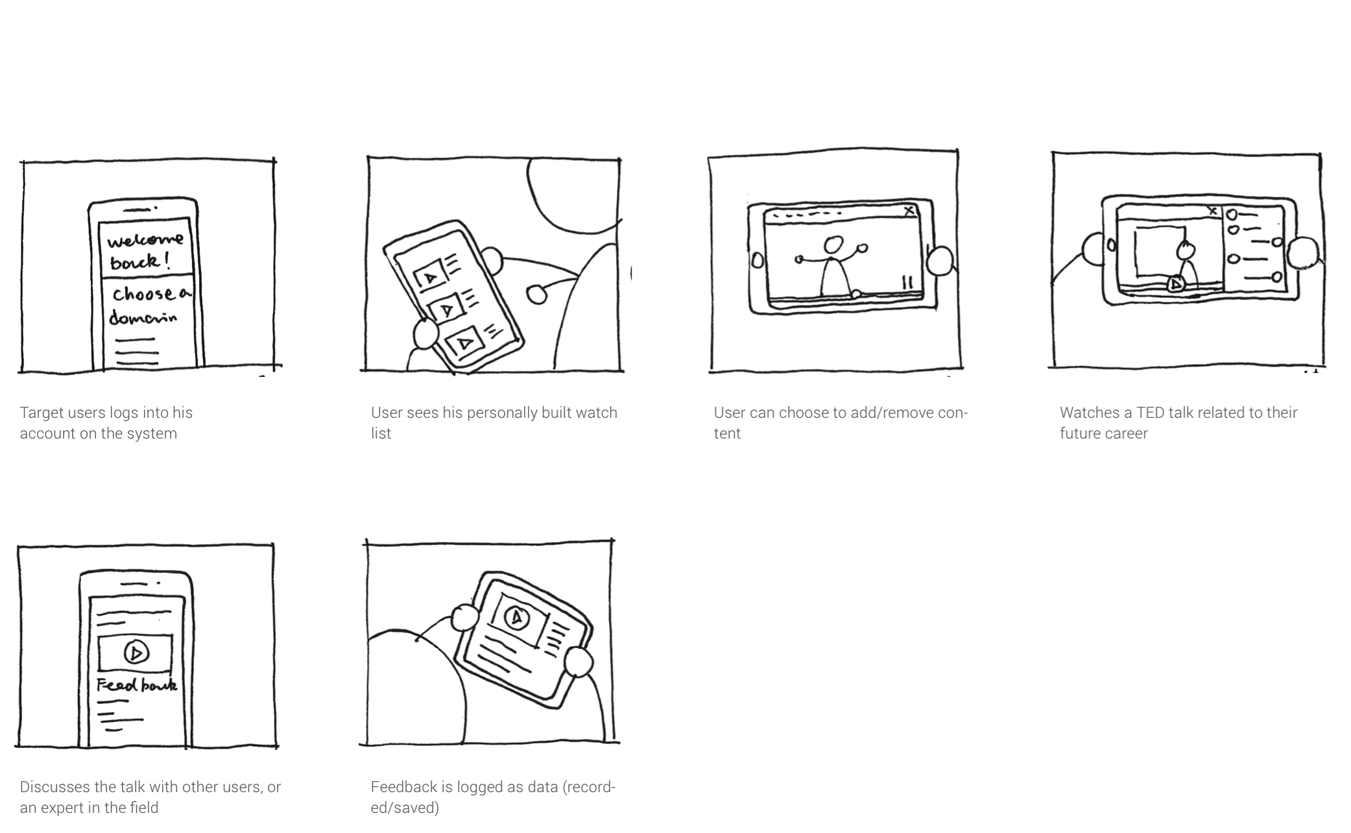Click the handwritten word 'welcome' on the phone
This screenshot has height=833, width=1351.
(x=145, y=240)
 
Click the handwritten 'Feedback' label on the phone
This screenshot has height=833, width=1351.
(x=136, y=685)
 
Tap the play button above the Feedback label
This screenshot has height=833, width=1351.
(x=136, y=652)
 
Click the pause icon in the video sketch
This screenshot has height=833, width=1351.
(x=907, y=282)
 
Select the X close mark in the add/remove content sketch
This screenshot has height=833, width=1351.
(x=909, y=210)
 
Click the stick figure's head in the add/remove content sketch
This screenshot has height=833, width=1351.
(x=833, y=245)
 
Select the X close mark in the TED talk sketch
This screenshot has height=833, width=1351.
(x=1213, y=210)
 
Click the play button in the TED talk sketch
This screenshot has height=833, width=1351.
(x=1175, y=284)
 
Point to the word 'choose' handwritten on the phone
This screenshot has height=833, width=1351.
(x=143, y=294)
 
